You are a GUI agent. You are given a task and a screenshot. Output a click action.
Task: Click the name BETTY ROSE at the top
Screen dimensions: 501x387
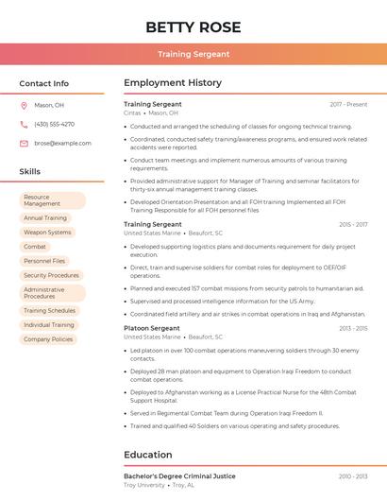pyautogui.click(x=193, y=26)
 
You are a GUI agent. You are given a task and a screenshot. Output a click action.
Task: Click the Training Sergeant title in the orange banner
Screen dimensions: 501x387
pyautogui.click(x=193, y=55)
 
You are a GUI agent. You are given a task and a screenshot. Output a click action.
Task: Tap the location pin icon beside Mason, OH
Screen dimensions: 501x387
pyautogui.click(x=24, y=105)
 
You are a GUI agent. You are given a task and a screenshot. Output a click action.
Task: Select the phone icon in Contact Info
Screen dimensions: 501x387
pyautogui.click(x=24, y=124)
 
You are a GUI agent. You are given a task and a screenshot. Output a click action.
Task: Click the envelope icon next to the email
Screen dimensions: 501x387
pyautogui.click(x=24, y=143)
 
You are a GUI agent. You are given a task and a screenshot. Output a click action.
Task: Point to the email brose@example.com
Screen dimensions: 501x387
pyautogui.click(x=62, y=143)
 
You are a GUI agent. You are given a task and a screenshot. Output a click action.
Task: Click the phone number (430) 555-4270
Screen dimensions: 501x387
pyautogui.click(x=54, y=124)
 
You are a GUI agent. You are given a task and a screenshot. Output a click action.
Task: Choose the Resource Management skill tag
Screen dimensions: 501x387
pyautogui.click(x=52, y=200)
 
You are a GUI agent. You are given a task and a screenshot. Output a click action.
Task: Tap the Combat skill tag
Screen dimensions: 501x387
pyautogui.click(x=35, y=246)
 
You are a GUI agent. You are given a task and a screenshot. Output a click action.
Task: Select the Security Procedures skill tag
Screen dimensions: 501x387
pyautogui.click(x=51, y=275)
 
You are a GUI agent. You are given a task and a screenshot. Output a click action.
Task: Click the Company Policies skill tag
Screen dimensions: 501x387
pyautogui.click(x=48, y=338)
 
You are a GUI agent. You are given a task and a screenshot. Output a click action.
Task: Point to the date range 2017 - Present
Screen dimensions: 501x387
pyautogui.click(x=348, y=104)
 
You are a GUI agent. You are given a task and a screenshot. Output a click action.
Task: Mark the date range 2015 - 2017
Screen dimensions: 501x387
pyautogui.click(x=352, y=224)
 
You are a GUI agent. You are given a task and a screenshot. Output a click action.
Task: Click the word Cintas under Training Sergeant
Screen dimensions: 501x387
pyautogui.click(x=131, y=112)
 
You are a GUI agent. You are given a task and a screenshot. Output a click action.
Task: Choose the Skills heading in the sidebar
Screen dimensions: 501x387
pyautogui.click(x=30, y=172)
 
